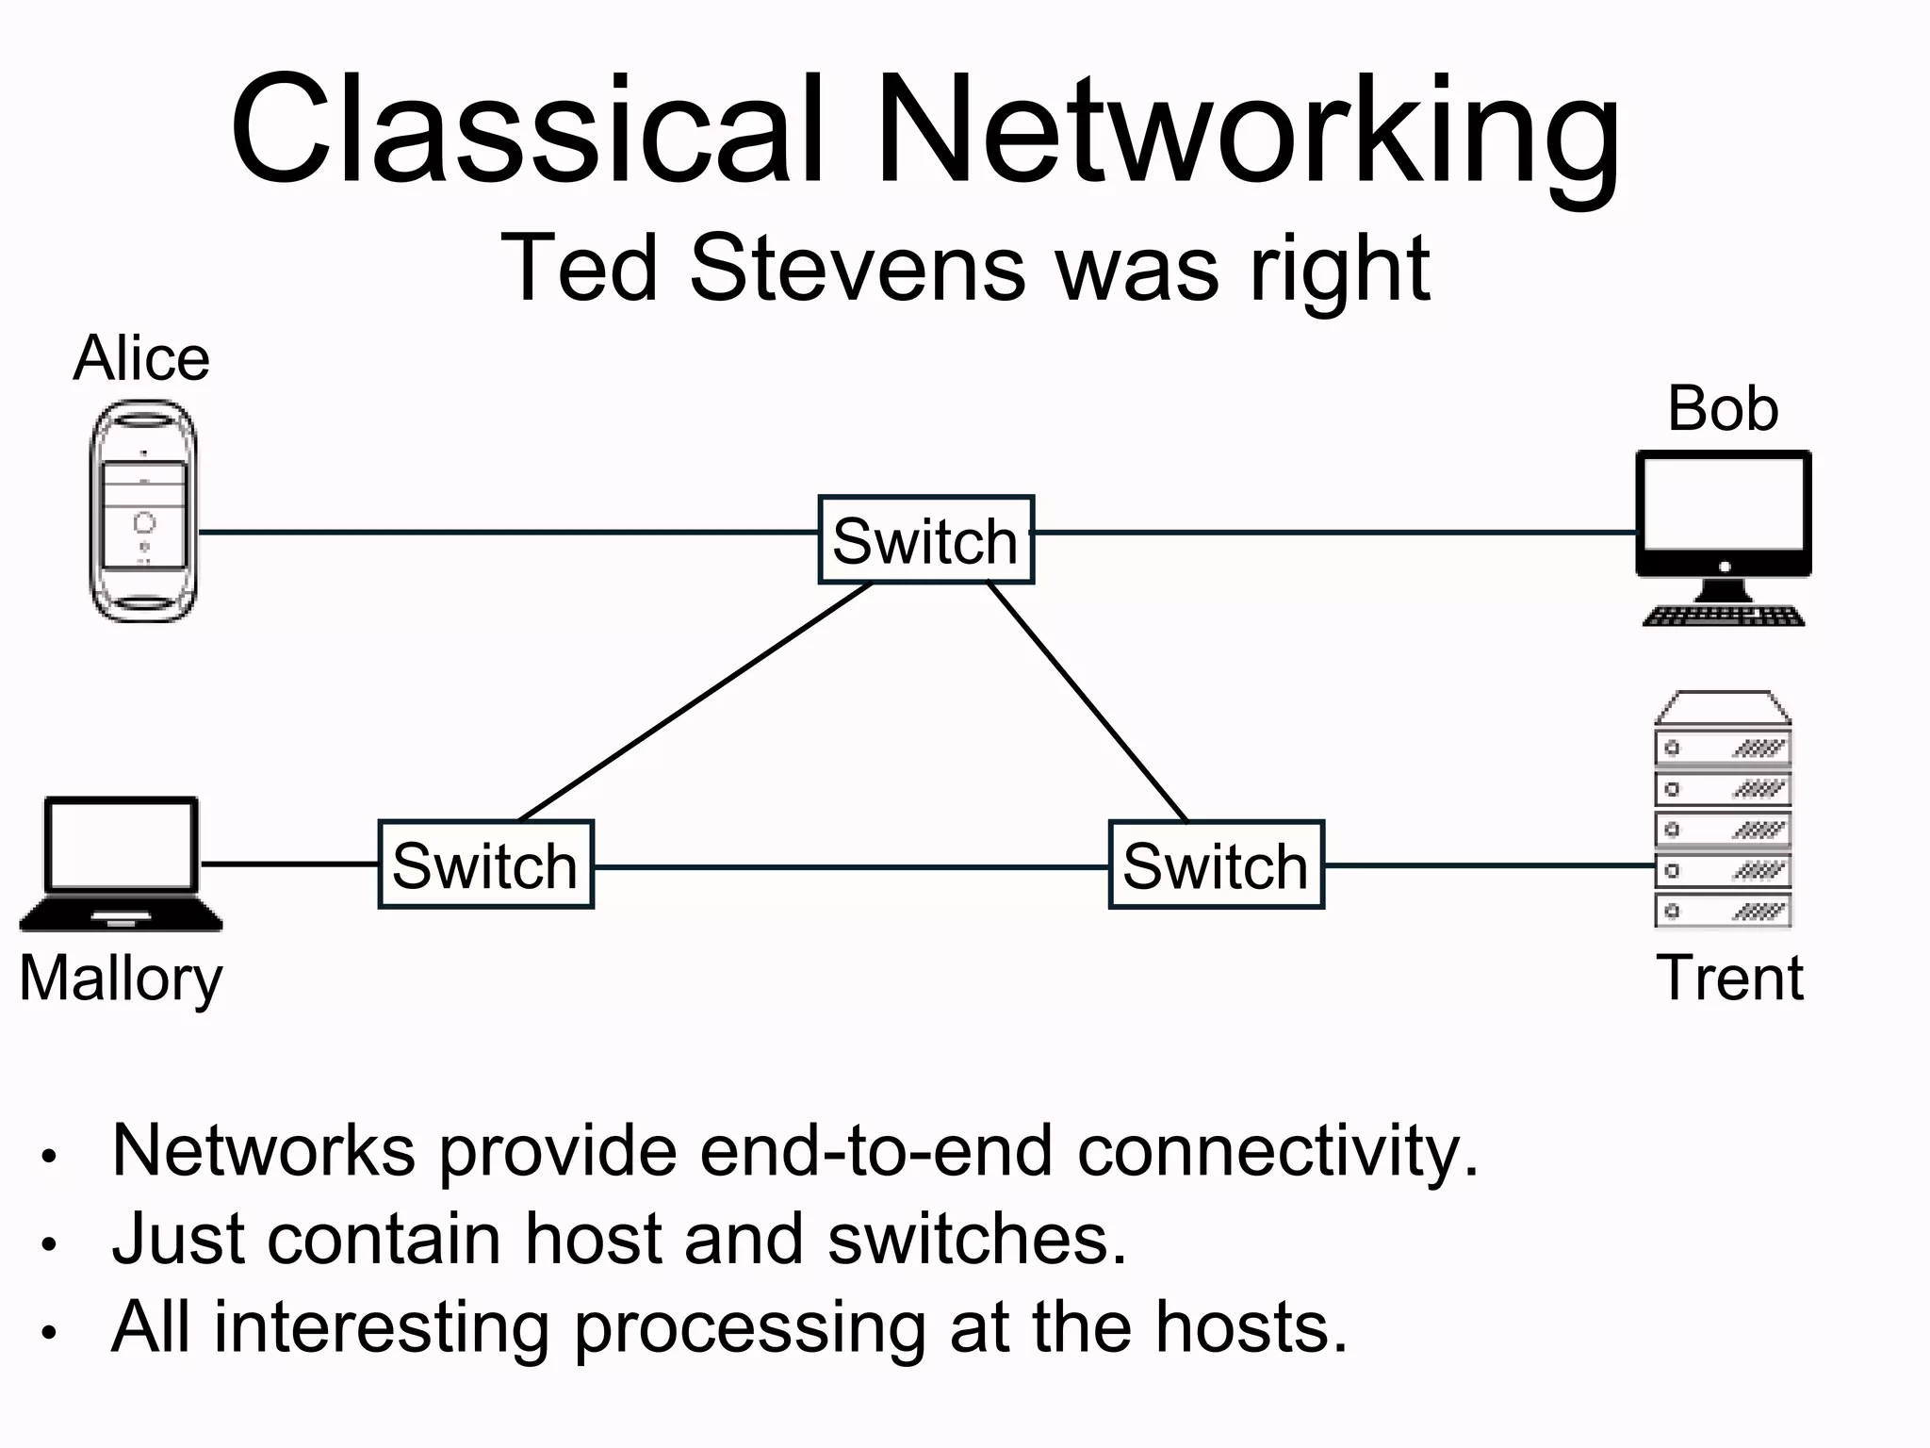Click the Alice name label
point(141,359)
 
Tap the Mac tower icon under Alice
point(143,511)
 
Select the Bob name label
point(1723,409)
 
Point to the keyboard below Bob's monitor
point(1724,617)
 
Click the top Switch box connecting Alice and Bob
point(925,540)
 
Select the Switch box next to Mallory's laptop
point(485,864)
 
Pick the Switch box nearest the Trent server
point(1216,864)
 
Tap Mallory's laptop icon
point(122,863)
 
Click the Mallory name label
point(121,979)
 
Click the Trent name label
point(1729,978)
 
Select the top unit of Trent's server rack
point(1723,749)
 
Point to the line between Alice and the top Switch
point(509,533)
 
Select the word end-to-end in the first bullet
point(875,1151)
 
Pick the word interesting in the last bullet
point(382,1327)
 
